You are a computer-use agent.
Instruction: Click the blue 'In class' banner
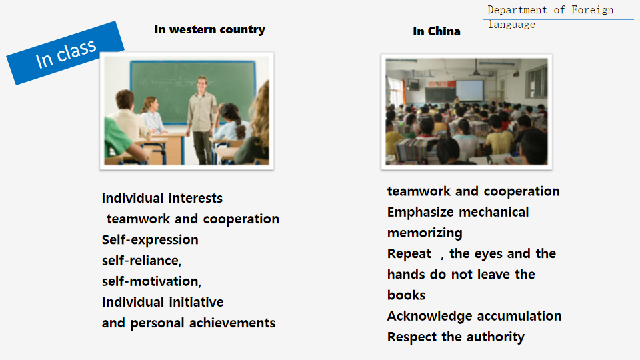tap(65, 53)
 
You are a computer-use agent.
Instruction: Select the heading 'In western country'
tap(210, 29)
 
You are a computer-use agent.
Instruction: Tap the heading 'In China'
tap(436, 31)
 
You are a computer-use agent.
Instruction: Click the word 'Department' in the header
tap(517, 10)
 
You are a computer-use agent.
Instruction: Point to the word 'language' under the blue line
tap(512, 25)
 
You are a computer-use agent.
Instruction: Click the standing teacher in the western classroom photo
tap(201, 119)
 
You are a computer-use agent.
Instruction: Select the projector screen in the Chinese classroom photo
tap(469, 90)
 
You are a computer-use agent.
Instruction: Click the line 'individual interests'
tap(162, 198)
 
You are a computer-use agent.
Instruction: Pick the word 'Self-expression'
tap(150, 239)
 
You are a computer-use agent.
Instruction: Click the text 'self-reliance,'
tap(141, 261)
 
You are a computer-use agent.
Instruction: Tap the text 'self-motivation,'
tap(151, 281)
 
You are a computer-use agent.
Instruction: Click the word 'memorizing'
tap(425, 233)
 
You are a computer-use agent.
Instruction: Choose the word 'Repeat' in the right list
tap(409, 254)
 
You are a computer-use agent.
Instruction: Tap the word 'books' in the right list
tap(407, 295)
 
